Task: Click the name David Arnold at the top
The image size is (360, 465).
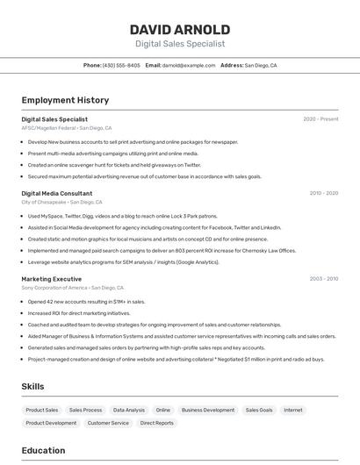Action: [179, 29]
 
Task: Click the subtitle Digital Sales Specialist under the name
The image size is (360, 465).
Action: [179, 44]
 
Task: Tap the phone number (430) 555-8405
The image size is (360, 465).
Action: [120, 65]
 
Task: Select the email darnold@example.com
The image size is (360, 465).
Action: [188, 65]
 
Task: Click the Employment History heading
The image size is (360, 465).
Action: [65, 100]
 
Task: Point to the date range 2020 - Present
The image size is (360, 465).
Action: [320, 119]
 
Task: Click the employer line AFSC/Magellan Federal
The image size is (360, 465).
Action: [67, 128]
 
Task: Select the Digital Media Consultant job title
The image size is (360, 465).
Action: [56, 193]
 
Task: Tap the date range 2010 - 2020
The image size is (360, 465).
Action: [323, 193]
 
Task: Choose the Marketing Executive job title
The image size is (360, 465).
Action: [51, 279]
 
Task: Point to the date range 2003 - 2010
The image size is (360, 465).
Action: [323, 279]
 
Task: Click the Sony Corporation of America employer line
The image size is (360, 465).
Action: [72, 288]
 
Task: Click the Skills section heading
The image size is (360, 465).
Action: [32, 386]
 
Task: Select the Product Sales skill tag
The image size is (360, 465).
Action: [41, 410]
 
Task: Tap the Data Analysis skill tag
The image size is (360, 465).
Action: [129, 410]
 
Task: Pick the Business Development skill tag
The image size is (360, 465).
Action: [207, 410]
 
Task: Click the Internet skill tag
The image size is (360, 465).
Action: [292, 410]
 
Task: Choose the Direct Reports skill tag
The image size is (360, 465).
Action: [157, 423]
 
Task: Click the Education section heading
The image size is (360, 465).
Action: [43, 450]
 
